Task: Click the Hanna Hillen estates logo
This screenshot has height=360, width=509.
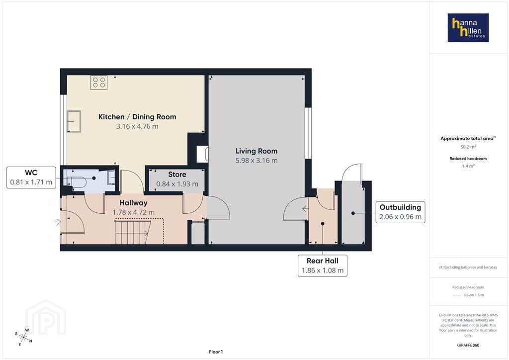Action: point(468,27)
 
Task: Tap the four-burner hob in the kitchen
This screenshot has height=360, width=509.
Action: point(99,83)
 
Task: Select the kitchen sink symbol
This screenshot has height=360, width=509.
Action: point(74,121)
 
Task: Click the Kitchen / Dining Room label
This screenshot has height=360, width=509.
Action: point(137,117)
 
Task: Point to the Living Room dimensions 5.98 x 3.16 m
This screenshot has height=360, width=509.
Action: point(256,161)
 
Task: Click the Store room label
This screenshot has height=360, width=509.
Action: point(177,175)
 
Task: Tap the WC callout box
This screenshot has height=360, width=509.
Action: point(31,177)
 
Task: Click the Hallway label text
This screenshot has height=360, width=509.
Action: point(133,203)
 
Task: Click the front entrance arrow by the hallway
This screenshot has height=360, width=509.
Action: point(58,222)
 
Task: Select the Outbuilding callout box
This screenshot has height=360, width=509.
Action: point(400,212)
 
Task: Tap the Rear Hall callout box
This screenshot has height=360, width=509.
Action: point(323,266)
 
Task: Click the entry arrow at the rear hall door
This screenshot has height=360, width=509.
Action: point(305,209)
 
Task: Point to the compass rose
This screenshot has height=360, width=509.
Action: point(23,338)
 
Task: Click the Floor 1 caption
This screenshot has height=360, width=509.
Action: point(216,352)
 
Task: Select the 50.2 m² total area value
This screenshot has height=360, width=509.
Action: point(468,147)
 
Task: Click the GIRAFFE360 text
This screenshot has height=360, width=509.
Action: point(468,345)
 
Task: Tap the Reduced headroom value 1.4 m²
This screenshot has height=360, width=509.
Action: point(468,166)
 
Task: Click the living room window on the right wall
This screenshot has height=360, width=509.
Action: point(308,133)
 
